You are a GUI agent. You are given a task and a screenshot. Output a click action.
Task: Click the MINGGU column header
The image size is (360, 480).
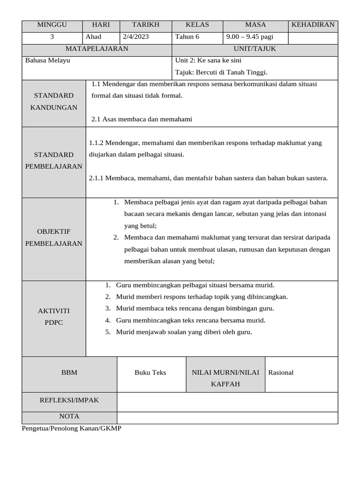[x=52, y=25]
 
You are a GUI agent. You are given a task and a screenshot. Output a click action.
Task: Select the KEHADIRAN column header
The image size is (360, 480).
[x=313, y=25]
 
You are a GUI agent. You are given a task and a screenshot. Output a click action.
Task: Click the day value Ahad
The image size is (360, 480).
[x=93, y=37]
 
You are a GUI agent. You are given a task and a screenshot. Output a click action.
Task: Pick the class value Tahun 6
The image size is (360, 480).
[x=187, y=37]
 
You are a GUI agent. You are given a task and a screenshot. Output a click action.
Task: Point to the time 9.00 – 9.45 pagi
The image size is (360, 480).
[x=250, y=37]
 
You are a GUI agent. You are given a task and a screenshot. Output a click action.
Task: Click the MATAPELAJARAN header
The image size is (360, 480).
[x=97, y=49]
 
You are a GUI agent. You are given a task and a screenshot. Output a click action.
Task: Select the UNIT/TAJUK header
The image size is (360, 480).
[x=255, y=49]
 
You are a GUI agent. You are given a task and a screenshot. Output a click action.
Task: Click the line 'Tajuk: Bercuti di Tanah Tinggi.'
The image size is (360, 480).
[x=221, y=72]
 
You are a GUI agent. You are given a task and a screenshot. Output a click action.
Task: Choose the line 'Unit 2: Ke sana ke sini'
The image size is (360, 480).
[x=208, y=60]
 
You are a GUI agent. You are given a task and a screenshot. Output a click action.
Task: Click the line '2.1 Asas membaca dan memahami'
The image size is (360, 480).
[x=142, y=120]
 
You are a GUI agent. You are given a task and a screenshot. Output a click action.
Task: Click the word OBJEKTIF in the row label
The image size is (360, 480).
[x=53, y=232]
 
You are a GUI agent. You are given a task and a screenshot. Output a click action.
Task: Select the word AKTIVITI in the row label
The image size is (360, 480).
[x=53, y=311]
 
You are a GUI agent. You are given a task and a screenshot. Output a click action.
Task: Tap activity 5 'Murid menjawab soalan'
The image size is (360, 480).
[x=184, y=332]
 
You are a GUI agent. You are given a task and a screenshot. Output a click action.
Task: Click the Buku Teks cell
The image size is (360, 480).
[x=150, y=373]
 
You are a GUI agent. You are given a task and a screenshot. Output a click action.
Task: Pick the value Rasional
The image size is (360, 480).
[x=281, y=373]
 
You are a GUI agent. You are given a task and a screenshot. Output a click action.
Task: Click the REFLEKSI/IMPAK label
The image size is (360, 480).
[x=69, y=400]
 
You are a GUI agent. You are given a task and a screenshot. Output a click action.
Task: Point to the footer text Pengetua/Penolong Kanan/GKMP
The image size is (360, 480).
[x=72, y=428]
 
